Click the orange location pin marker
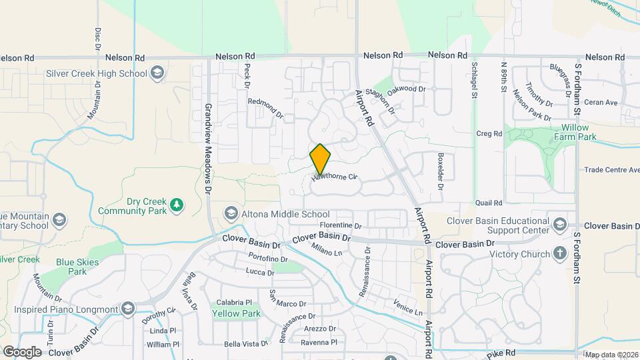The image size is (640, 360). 320,159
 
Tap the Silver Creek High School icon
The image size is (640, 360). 157,73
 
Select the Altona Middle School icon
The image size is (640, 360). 231,213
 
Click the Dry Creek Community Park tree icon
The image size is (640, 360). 177,204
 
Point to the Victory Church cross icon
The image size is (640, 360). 559,253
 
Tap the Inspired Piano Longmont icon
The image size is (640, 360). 128,308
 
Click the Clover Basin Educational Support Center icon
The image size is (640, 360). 559,223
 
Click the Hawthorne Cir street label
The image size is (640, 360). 335,178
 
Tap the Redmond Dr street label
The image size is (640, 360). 265,108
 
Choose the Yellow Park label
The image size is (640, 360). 227,313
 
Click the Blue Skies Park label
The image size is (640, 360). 71,267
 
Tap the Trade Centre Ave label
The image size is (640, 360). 611,170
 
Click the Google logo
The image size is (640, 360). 22,351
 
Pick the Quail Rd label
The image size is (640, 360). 488,203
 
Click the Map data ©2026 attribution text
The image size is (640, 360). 611,355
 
